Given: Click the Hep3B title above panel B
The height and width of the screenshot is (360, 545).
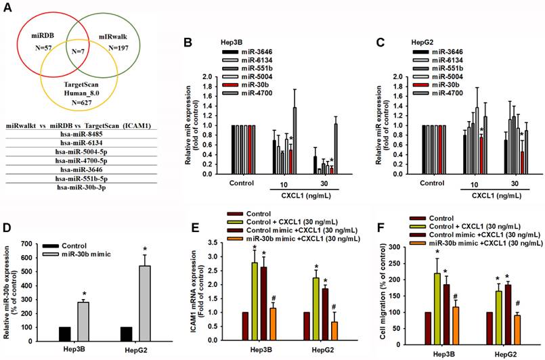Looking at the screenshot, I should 232,41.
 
